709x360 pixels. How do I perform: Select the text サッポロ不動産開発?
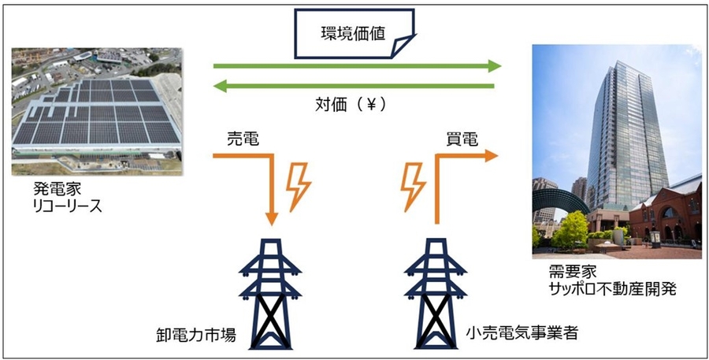pyautogui.click(x=607, y=288)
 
